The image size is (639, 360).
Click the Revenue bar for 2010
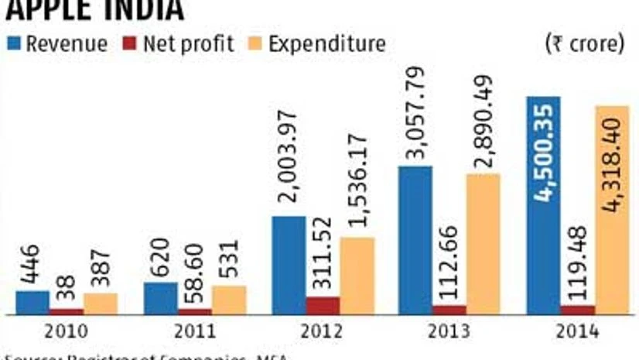coord(32,303)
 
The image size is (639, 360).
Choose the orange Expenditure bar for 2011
coord(229,300)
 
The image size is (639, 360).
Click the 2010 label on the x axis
coord(66,331)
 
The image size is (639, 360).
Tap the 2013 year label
coord(449,331)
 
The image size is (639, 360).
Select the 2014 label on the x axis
coord(577,331)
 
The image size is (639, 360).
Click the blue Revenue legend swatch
coord(15,43)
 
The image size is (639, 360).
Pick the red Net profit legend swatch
coord(128,43)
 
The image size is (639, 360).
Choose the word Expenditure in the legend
coord(326,43)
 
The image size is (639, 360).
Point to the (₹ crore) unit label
coord(585,43)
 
